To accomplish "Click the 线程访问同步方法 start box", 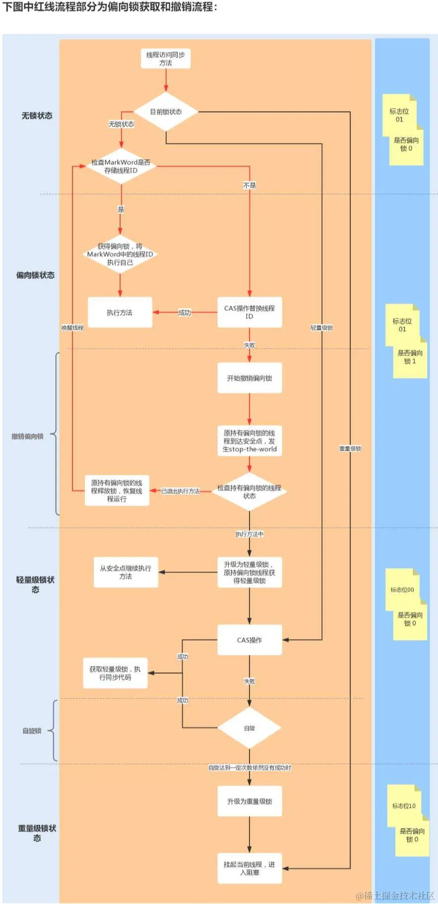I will pos(166,59).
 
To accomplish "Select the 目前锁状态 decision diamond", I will pos(166,112).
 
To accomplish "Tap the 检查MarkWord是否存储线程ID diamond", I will pos(121,166).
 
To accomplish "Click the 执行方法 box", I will pos(120,313).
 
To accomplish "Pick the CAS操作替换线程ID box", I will pos(250,312).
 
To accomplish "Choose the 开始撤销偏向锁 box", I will pos(250,378).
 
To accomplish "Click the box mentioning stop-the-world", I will pos(250,441).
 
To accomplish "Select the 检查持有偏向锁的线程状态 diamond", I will pos(249,492).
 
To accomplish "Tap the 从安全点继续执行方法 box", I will pos(125,572).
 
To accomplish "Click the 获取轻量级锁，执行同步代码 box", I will pos(115,673).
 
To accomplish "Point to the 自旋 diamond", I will pos(250,728).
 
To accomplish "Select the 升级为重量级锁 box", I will pos(250,801).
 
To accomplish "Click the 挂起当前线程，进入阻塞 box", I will pos(250,868).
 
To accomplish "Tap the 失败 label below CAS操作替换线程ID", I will pos(250,345).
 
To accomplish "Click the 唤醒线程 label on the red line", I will pos(72,328).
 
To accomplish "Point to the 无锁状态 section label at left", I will pos(37,116).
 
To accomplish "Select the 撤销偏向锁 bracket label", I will pos(28,437).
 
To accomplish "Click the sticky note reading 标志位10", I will pos(404,806).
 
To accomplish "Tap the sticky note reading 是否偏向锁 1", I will pos(410,357).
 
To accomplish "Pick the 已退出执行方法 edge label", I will pos(181,491).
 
